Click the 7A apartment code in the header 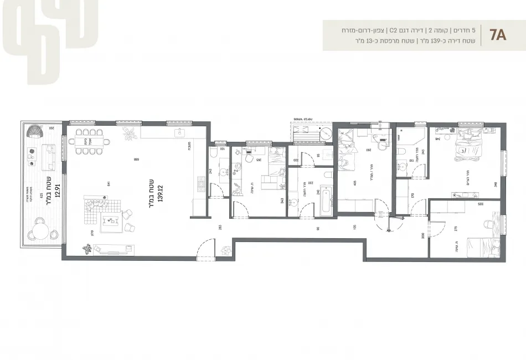(x=498, y=37)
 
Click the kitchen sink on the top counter (x=178, y=133)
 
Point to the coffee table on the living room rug (x=114, y=222)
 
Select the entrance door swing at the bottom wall (x=205, y=248)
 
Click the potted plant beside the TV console (x=87, y=249)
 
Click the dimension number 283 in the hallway (x=220, y=227)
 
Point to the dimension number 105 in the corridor (x=354, y=227)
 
